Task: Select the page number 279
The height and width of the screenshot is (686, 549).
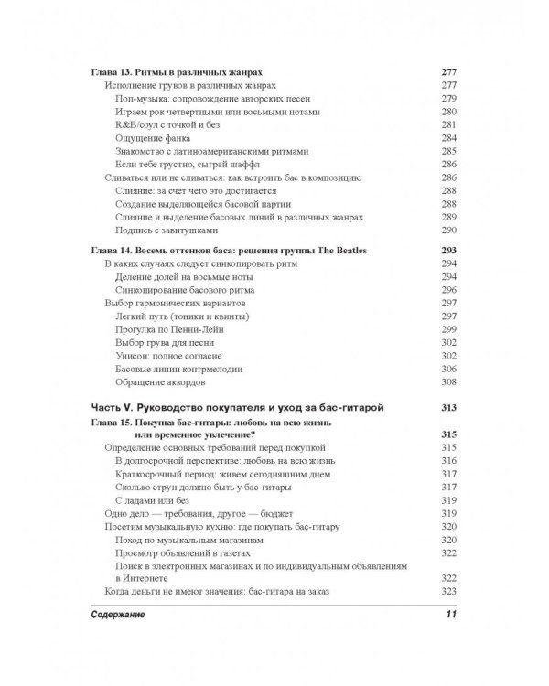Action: click(448, 98)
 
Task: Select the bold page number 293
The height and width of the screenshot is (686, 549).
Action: click(447, 250)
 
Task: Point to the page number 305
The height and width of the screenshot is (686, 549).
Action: click(448, 368)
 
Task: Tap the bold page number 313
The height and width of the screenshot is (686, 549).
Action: click(447, 406)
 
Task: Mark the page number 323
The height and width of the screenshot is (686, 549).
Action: click(448, 592)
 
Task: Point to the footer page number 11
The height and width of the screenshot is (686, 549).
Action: click(448, 614)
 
